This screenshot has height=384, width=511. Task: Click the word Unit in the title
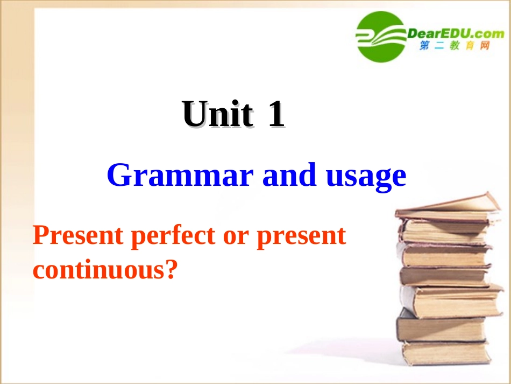click(x=217, y=115)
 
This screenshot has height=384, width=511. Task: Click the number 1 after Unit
click(x=276, y=115)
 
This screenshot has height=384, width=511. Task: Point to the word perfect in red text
click(x=175, y=236)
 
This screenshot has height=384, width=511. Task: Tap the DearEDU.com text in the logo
click(x=455, y=33)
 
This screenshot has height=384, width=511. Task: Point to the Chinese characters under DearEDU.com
click(x=455, y=47)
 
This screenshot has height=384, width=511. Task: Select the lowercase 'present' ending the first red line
click(x=301, y=238)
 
